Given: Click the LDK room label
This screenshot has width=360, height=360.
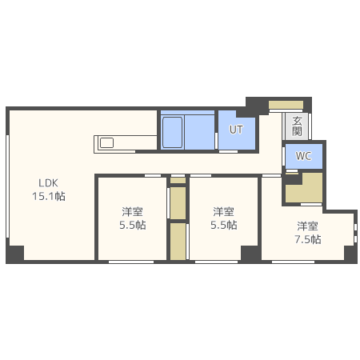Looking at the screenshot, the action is click(x=48, y=183).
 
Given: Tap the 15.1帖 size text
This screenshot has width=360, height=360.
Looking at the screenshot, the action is click(x=49, y=196).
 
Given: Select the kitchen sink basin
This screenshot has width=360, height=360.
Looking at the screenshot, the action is click(x=106, y=143).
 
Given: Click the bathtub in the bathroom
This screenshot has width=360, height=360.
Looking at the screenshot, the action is click(x=173, y=132).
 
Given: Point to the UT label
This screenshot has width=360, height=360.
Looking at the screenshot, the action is click(x=236, y=130).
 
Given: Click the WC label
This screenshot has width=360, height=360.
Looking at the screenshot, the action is click(x=303, y=156).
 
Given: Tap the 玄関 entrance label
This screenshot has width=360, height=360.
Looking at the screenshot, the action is click(x=297, y=126).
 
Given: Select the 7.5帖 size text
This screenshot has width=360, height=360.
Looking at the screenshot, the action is click(x=308, y=239).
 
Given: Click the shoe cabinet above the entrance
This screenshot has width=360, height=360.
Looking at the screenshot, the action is click(x=286, y=105).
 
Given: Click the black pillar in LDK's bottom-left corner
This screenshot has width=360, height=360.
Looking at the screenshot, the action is click(x=15, y=254).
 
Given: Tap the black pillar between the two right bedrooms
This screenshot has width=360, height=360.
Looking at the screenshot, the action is click(x=250, y=254).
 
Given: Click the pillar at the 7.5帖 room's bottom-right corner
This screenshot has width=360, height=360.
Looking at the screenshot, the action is click(x=350, y=254).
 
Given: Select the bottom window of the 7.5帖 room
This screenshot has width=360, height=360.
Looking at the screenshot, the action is click(x=293, y=262).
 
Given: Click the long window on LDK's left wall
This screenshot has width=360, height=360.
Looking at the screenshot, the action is click(x=7, y=186).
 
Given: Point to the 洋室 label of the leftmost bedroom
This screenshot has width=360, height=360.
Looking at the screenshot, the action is click(x=132, y=212).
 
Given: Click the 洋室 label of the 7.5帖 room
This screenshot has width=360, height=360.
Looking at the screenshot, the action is click(x=307, y=226).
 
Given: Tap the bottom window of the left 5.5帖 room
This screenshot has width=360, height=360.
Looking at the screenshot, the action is click(x=131, y=262).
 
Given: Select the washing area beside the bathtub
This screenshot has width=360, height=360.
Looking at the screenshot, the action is click(x=200, y=132).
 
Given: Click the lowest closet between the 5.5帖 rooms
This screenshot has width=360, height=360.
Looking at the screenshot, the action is click(x=178, y=242).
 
